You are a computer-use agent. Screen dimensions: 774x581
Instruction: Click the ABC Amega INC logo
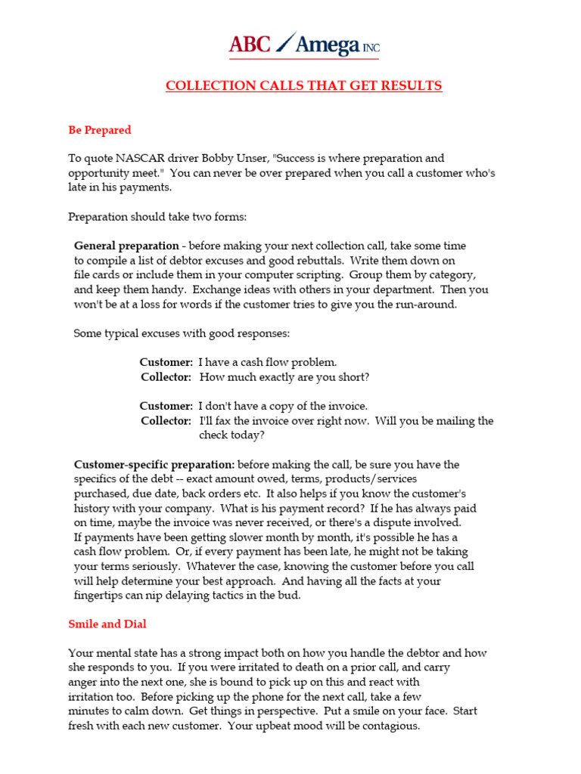(304, 45)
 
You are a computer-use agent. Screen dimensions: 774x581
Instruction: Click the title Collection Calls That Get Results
(304, 85)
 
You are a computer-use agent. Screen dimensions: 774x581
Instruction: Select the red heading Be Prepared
(100, 130)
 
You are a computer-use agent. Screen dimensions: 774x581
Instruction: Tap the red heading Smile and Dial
(107, 624)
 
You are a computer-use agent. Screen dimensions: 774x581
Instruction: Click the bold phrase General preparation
(126, 246)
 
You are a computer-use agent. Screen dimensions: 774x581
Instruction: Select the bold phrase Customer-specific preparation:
(154, 465)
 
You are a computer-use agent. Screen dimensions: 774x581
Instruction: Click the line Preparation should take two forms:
(157, 217)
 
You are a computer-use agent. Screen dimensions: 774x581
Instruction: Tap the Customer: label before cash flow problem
(166, 363)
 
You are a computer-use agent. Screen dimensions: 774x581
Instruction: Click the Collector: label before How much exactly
(166, 377)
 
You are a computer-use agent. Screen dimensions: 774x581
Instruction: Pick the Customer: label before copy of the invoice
(166, 407)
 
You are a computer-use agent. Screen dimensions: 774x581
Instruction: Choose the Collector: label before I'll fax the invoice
(166, 421)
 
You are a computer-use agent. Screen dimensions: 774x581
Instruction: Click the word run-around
(429, 305)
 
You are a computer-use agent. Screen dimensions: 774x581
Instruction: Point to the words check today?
(232, 435)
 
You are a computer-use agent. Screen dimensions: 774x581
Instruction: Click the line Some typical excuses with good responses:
(182, 333)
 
